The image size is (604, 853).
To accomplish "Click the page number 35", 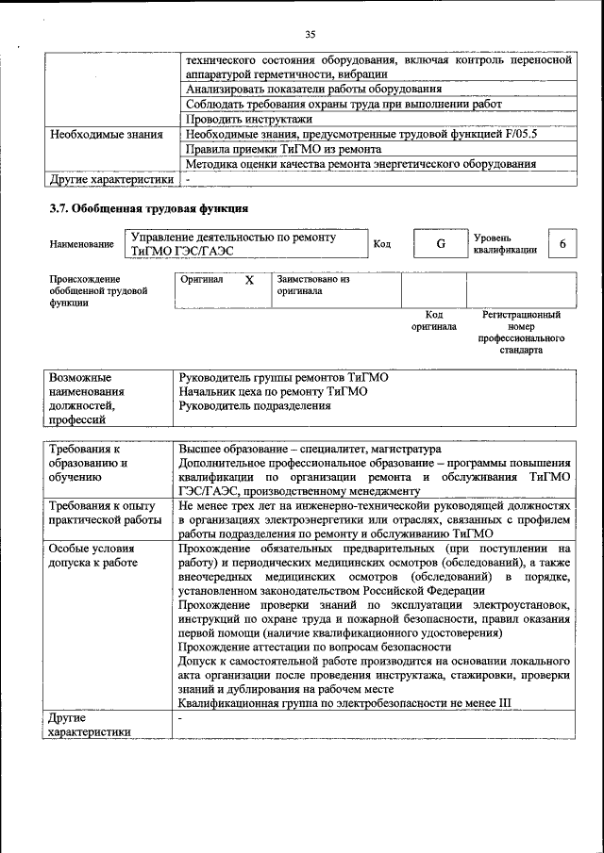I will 310,35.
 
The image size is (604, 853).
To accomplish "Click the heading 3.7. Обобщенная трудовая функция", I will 148,207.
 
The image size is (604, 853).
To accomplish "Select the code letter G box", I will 440,244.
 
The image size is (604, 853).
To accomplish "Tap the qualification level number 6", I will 562,244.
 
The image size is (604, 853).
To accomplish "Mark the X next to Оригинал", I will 249,281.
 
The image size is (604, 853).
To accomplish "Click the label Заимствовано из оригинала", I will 312,286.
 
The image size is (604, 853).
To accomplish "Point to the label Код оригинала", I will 434,320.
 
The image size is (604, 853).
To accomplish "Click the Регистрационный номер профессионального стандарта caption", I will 522,332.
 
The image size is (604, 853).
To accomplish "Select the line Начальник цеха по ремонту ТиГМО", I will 273,391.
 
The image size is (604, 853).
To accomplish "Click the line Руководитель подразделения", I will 255,405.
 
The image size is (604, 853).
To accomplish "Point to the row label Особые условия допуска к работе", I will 93,555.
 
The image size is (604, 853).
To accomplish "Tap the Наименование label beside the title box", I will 81,244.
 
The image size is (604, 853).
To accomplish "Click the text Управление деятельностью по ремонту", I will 233,238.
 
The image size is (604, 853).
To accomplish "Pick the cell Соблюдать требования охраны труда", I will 344,105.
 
